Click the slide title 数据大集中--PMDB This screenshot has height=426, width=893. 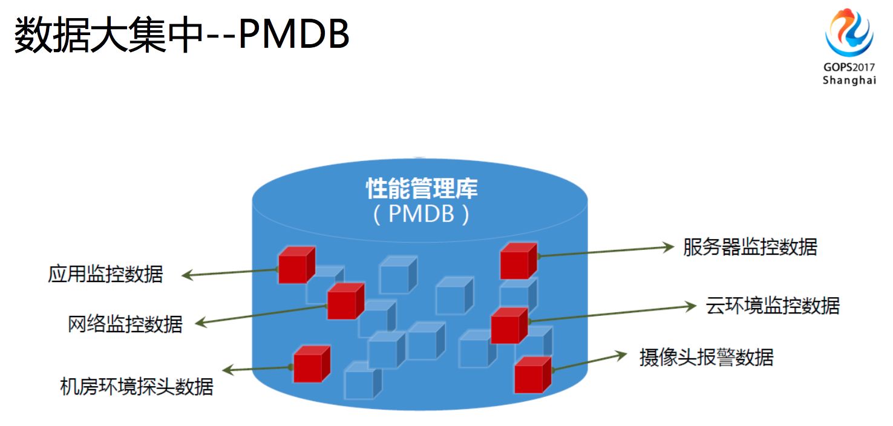(182, 36)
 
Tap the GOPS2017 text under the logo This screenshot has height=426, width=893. (849, 67)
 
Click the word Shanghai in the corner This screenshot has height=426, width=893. (849, 80)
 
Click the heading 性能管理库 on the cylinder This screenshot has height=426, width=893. (422, 189)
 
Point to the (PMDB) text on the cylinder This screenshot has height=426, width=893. (421, 214)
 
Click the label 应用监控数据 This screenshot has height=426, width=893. (105, 274)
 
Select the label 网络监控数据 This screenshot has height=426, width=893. (125, 324)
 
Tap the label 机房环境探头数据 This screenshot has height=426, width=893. (137, 385)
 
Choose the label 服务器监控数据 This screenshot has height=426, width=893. (750, 247)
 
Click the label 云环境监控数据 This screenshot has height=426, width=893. (773, 306)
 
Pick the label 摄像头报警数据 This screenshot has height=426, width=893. (706, 357)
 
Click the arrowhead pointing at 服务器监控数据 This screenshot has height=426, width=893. (669, 246)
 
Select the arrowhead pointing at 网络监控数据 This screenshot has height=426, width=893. (200, 324)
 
